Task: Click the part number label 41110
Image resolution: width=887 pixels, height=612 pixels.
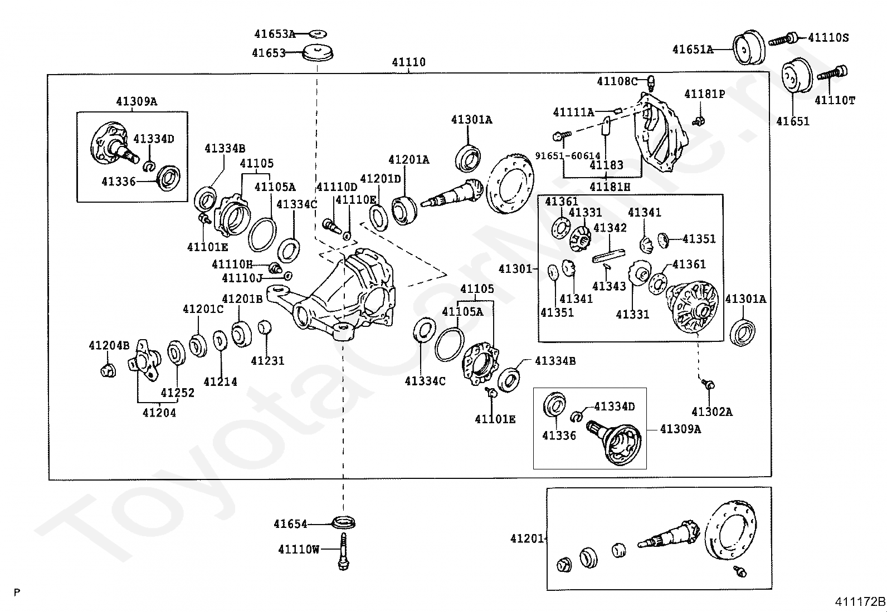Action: click(408, 62)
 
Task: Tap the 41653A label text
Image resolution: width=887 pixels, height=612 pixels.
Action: click(275, 34)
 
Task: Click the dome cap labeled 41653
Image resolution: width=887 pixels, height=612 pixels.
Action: click(318, 53)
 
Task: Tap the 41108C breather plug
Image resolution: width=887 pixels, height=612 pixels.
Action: click(651, 82)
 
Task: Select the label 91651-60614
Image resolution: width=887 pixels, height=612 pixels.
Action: click(568, 155)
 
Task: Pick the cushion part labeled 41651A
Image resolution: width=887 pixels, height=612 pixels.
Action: click(748, 47)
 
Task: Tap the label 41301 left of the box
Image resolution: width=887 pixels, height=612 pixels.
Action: click(515, 269)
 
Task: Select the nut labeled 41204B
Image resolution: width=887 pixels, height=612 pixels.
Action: click(108, 370)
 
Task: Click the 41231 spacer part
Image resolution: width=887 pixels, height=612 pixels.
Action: click(265, 328)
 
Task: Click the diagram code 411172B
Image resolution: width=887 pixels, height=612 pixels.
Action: click(860, 602)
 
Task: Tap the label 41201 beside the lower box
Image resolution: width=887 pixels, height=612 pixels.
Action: click(527, 538)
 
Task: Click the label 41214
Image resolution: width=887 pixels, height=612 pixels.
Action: click(220, 381)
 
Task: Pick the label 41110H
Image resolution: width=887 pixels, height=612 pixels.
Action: click(232, 264)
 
